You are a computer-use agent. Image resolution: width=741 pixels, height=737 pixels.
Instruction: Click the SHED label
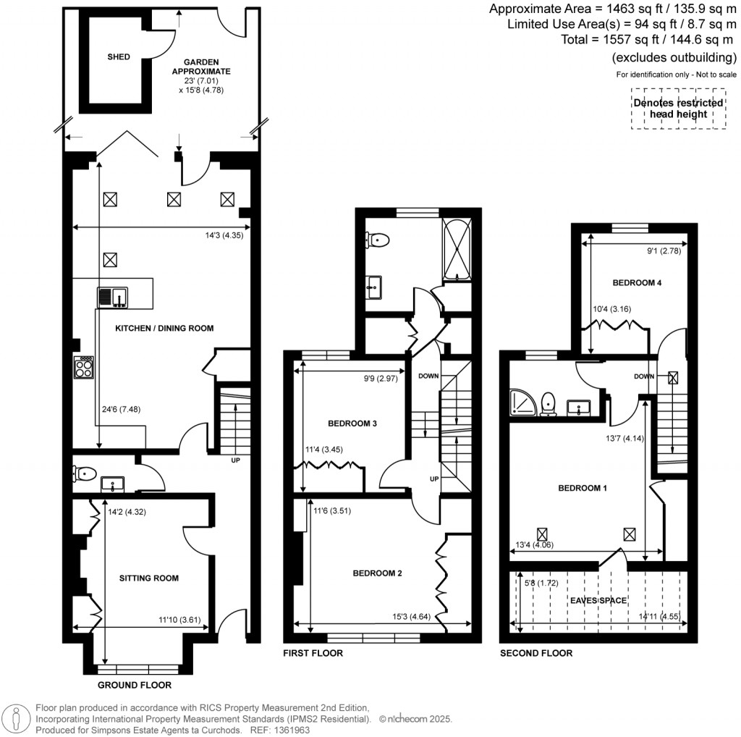[x=119, y=57]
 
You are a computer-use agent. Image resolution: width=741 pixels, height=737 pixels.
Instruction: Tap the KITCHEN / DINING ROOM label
[x=164, y=328]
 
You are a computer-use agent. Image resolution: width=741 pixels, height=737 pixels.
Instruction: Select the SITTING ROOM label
[x=149, y=578]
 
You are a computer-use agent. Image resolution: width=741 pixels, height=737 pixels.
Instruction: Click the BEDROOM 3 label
[x=352, y=423]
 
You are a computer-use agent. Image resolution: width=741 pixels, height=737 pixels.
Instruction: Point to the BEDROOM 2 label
[x=377, y=573]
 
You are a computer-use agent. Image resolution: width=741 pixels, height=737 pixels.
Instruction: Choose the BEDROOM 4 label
[x=637, y=282]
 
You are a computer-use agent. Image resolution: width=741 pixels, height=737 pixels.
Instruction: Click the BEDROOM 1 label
[x=582, y=488]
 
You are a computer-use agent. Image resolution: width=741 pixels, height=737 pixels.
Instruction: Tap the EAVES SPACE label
[x=598, y=600]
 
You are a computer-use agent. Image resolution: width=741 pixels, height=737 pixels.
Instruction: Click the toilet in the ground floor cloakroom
[x=84, y=473]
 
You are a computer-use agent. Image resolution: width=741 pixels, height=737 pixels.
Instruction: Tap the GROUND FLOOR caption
[x=135, y=684]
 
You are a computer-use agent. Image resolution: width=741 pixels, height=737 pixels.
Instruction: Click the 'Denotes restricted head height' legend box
[x=678, y=109]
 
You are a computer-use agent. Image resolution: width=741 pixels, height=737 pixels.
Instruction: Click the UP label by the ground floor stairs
[x=234, y=460]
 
